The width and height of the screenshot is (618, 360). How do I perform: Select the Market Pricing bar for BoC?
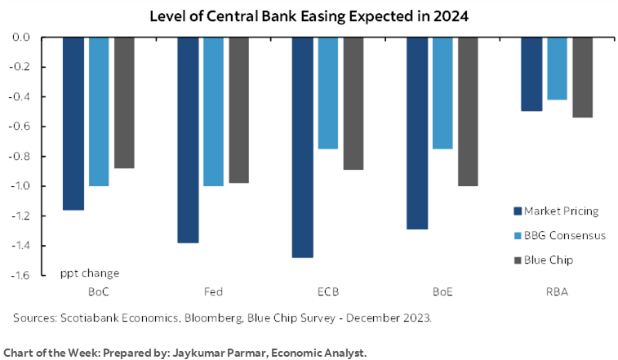pyautogui.click(x=73, y=123)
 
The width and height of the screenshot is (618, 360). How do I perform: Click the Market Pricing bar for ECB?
pyautogui.click(x=301, y=147)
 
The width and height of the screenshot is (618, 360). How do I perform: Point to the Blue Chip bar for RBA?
pyautogui.click(x=582, y=78)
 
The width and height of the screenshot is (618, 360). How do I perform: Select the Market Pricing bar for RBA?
pyautogui.click(x=531, y=74)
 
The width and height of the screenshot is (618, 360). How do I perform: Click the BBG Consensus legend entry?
pyautogui.click(x=562, y=236)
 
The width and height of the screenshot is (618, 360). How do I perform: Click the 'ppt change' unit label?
pyautogui.click(x=90, y=273)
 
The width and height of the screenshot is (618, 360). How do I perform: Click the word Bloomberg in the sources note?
pyautogui.click(x=209, y=317)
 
